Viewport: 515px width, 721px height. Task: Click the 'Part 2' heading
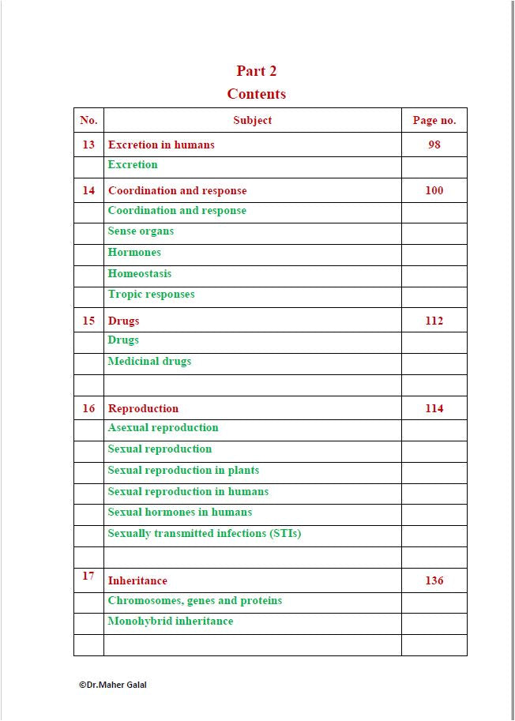257,71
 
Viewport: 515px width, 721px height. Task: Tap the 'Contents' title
257,94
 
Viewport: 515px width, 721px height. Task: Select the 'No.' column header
88,121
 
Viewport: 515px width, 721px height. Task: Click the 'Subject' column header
253,121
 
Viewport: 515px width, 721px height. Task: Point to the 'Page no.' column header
434,121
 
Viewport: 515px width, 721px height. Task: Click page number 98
434,145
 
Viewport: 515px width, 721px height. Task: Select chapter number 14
88,190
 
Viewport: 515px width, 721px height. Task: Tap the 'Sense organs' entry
141,231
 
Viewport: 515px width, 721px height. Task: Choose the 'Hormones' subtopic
134,253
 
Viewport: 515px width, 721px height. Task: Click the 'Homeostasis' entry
140,274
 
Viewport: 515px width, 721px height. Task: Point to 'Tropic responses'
151,295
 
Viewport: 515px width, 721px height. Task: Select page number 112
434,321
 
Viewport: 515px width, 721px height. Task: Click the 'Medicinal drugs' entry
149,362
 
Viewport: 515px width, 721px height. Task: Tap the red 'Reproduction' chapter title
143,408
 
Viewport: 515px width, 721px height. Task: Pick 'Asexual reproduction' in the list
163,428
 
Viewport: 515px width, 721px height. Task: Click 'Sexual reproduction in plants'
183,471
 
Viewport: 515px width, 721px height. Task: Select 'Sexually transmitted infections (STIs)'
205,534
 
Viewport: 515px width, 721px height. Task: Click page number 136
434,580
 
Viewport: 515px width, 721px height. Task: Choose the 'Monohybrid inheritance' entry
171,621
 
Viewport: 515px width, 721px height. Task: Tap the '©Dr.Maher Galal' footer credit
112,685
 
